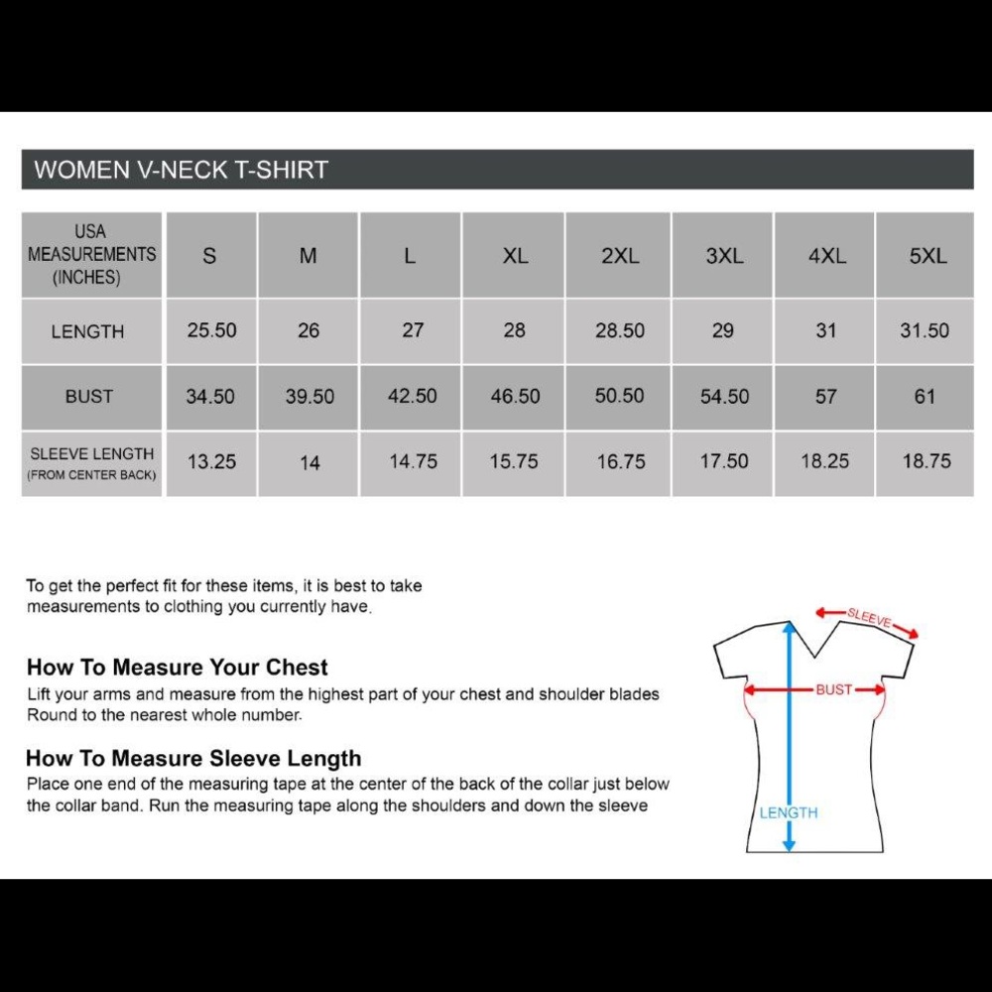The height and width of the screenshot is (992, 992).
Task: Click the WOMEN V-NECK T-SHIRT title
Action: click(x=181, y=170)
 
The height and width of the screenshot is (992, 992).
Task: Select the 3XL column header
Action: click(x=724, y=256)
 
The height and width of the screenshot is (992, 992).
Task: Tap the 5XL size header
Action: click(x=928, y=256)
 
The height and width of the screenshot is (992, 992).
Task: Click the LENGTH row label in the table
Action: click(x=88, y=332)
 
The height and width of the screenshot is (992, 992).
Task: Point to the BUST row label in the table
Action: click(x=89, y=397)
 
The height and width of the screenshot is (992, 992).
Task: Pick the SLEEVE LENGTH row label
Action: click(x=92, y=454)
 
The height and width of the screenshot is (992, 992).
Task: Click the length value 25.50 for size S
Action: click(x=211, y=330)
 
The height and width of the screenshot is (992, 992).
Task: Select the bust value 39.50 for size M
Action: click(x=310, y=397)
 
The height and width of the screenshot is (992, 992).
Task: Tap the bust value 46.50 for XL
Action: click(x=515, y=397)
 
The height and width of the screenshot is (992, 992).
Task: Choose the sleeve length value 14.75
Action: click(x=413, y=461)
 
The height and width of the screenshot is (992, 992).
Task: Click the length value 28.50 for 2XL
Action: click(x=620, y=330)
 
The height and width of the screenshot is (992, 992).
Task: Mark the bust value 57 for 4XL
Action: click(x=825, y=397)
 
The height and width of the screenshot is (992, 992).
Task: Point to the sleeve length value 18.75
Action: click(x=926, y=461)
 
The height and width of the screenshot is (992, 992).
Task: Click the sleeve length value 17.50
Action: click(x=724, y=461)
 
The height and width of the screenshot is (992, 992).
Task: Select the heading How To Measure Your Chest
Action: click(x=177, y=667)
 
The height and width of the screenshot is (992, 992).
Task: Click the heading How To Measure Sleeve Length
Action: click(x=193, y=759)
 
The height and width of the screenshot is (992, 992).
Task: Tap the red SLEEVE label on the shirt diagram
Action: click(x=869, y=618)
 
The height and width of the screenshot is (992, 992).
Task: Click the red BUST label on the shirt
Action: click(x=834, y=689)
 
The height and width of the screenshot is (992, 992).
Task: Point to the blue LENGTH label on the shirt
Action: click(x=789, y=812)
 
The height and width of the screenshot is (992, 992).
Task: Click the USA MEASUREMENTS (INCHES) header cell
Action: click(x=91, y=255)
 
